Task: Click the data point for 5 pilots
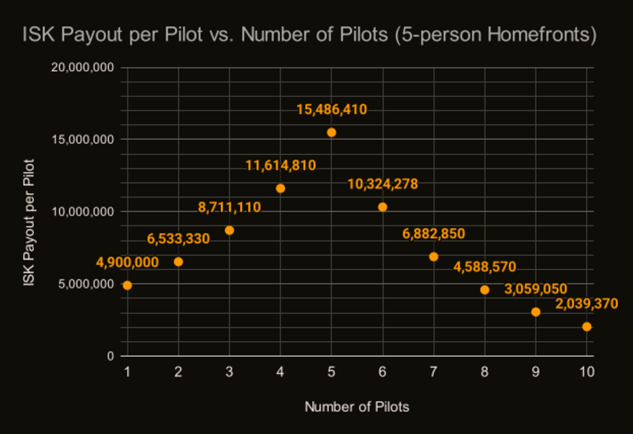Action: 331,132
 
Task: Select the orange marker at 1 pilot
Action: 127,285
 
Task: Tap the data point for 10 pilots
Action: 587,327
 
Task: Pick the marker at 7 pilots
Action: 434,257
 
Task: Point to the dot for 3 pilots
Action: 229,230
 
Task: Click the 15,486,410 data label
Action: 332,110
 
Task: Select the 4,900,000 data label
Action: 127,262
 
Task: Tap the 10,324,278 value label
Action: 382,184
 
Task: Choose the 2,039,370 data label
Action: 586,304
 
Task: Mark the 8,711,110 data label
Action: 229,207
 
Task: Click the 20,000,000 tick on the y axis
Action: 83,67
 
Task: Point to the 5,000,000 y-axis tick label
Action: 87,284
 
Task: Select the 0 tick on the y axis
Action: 110,356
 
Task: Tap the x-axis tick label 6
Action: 382,373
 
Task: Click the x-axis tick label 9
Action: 536,373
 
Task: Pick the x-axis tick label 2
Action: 179,373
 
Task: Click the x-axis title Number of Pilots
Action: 357,407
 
